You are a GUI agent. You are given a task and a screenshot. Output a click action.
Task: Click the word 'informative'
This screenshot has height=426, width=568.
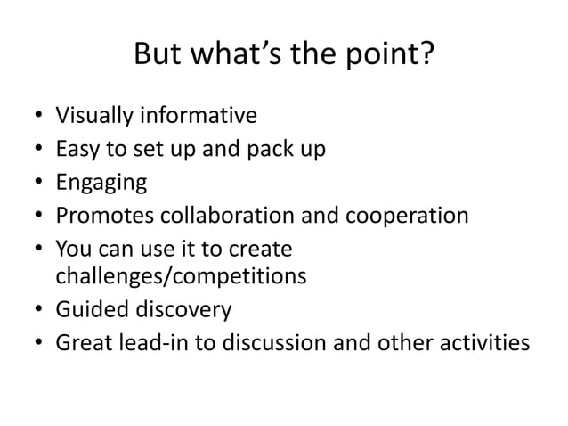[x=194, y=115]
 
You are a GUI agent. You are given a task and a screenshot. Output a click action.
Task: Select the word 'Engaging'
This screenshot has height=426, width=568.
[x=101, y=183]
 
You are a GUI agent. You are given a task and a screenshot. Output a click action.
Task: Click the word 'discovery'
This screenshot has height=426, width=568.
[x=185, y=310]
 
